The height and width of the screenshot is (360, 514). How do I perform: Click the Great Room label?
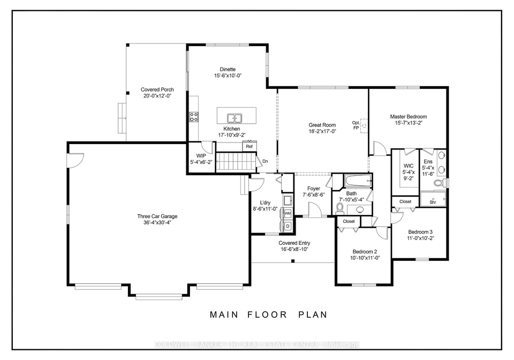coord(322,125)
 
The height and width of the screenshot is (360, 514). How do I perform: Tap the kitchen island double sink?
coord(235,118)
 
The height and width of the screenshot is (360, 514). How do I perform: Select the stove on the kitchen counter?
coord(193,117)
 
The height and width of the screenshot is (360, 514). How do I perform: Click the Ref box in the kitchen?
coord(250,146)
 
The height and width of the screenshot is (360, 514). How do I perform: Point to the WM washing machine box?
coord(288,213)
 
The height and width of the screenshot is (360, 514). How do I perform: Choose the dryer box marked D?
coord(288,226)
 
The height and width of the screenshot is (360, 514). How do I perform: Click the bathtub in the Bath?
coord(358,181)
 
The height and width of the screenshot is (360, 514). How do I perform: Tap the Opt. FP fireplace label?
coord(356,125)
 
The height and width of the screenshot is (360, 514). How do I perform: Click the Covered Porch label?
coord(157,89)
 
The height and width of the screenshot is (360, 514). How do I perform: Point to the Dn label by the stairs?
coord(265,161)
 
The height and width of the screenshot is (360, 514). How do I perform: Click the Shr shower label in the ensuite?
coord(433,202)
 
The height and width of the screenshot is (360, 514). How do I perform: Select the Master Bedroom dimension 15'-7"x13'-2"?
coord(409,123)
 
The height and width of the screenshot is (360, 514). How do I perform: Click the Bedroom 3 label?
coord(420,232)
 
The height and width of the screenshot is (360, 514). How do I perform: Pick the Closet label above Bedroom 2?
coord(349,221)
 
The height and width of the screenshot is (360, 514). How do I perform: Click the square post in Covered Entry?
coord(293,261)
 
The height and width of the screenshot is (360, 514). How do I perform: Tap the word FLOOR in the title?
coord(267,315)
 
